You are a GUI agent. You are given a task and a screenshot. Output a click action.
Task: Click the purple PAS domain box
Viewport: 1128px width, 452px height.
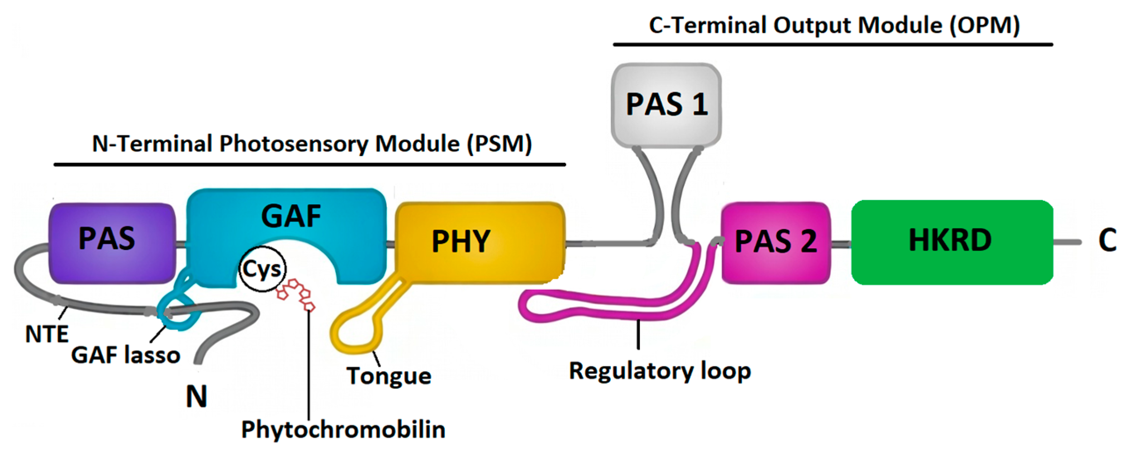point(112,243)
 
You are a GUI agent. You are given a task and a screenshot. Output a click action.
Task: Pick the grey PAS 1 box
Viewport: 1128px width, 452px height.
point(666,104)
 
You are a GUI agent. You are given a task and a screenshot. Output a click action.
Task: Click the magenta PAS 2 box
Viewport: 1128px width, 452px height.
point(776,242)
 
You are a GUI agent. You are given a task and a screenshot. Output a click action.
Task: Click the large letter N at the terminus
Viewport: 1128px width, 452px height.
point(196,396)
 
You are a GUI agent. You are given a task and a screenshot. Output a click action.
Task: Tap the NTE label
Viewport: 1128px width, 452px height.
point(47,334)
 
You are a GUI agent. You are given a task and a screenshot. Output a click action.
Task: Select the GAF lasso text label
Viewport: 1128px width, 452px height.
point(126,355)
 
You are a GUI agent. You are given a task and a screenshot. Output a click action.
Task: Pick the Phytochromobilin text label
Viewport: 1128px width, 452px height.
point(343,429)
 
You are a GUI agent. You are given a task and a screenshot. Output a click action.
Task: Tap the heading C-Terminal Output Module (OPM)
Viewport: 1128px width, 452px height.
point(834,25)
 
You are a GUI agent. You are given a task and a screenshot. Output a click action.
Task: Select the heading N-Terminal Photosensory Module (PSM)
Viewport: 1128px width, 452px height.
point(312,144)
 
